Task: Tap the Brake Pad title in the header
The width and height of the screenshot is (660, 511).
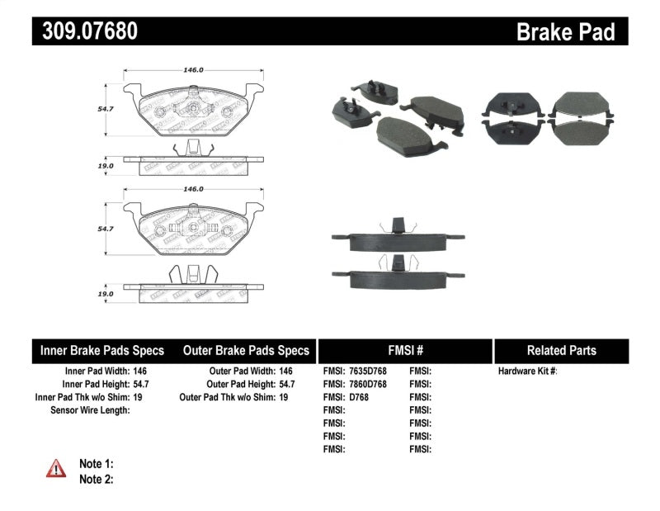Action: [x=565, y=32]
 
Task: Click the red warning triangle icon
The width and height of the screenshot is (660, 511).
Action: [x=56, y=469]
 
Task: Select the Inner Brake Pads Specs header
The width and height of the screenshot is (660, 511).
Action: [x=102, y=350]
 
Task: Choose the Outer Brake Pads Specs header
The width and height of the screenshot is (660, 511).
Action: [x=245, y=350]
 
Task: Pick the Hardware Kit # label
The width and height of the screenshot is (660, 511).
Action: [x=527, y=371]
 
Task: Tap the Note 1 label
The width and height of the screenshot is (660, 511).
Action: [x=96, y=464]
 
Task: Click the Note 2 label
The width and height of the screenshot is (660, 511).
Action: [x=96, y=478]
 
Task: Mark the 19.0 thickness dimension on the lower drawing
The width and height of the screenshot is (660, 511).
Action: [x=105, y=294]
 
